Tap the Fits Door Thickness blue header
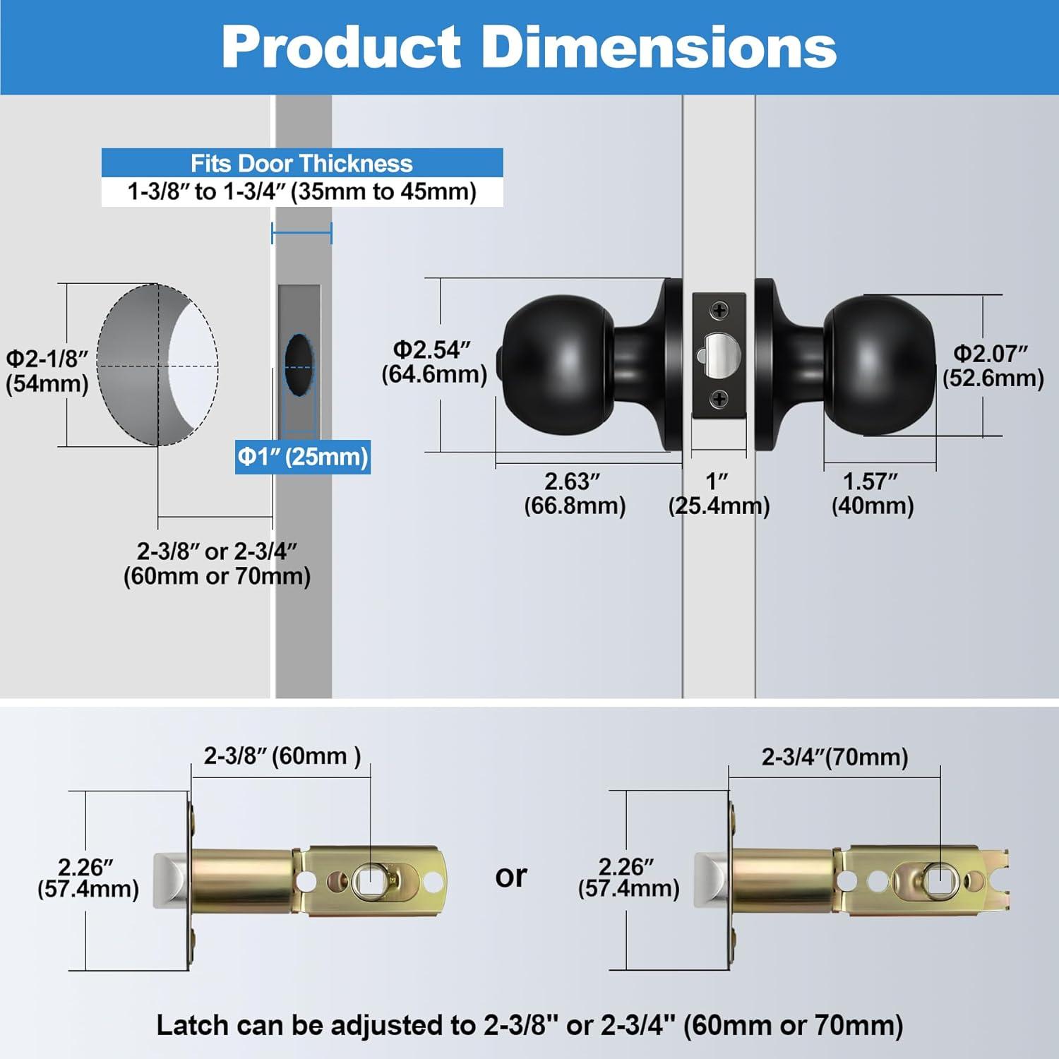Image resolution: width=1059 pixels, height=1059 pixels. point(301,163)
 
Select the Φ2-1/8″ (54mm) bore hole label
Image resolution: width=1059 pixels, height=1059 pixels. point(47,371)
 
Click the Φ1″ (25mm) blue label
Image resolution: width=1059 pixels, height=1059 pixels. point(303,457)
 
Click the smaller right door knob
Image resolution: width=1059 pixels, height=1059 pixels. point(880,366)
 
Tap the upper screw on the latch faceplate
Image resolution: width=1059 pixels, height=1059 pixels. point(719,311)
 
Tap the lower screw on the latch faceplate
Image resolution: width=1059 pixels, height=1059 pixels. point(719,400)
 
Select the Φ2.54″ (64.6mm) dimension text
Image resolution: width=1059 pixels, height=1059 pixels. point(434,361)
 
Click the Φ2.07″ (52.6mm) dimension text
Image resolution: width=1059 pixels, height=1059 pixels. point(993,366)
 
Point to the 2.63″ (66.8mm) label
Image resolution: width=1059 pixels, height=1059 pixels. point(574,493)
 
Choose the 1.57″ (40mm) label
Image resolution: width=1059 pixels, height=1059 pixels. point(872,493)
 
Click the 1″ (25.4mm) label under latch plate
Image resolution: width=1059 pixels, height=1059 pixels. point(719,493)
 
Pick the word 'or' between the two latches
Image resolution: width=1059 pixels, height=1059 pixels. point(511,876)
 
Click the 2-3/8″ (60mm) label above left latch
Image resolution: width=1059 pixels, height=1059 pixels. point(282,756)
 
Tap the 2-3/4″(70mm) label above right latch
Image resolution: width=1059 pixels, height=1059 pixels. point(834,757)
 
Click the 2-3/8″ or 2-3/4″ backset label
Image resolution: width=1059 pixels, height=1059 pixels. point(217,563)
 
